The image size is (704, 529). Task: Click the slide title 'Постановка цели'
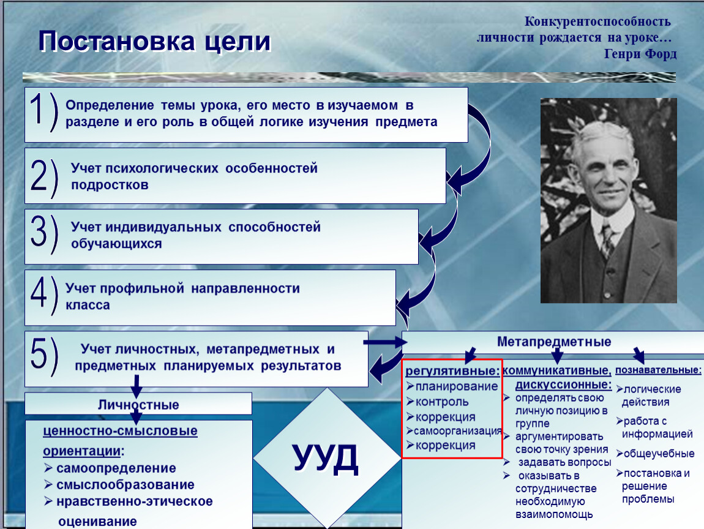155,41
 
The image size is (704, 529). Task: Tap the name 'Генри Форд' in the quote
640,54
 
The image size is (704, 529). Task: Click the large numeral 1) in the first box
44,111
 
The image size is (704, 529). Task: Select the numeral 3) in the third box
44,234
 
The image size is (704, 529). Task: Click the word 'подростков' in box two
110,185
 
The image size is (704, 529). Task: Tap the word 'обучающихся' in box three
116,244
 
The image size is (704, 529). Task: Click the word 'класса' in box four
88,305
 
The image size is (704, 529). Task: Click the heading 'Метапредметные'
554,342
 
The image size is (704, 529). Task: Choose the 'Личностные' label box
138,404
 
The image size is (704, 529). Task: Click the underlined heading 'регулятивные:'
452,371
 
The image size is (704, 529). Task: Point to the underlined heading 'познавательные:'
658,370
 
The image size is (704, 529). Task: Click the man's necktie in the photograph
607,239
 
